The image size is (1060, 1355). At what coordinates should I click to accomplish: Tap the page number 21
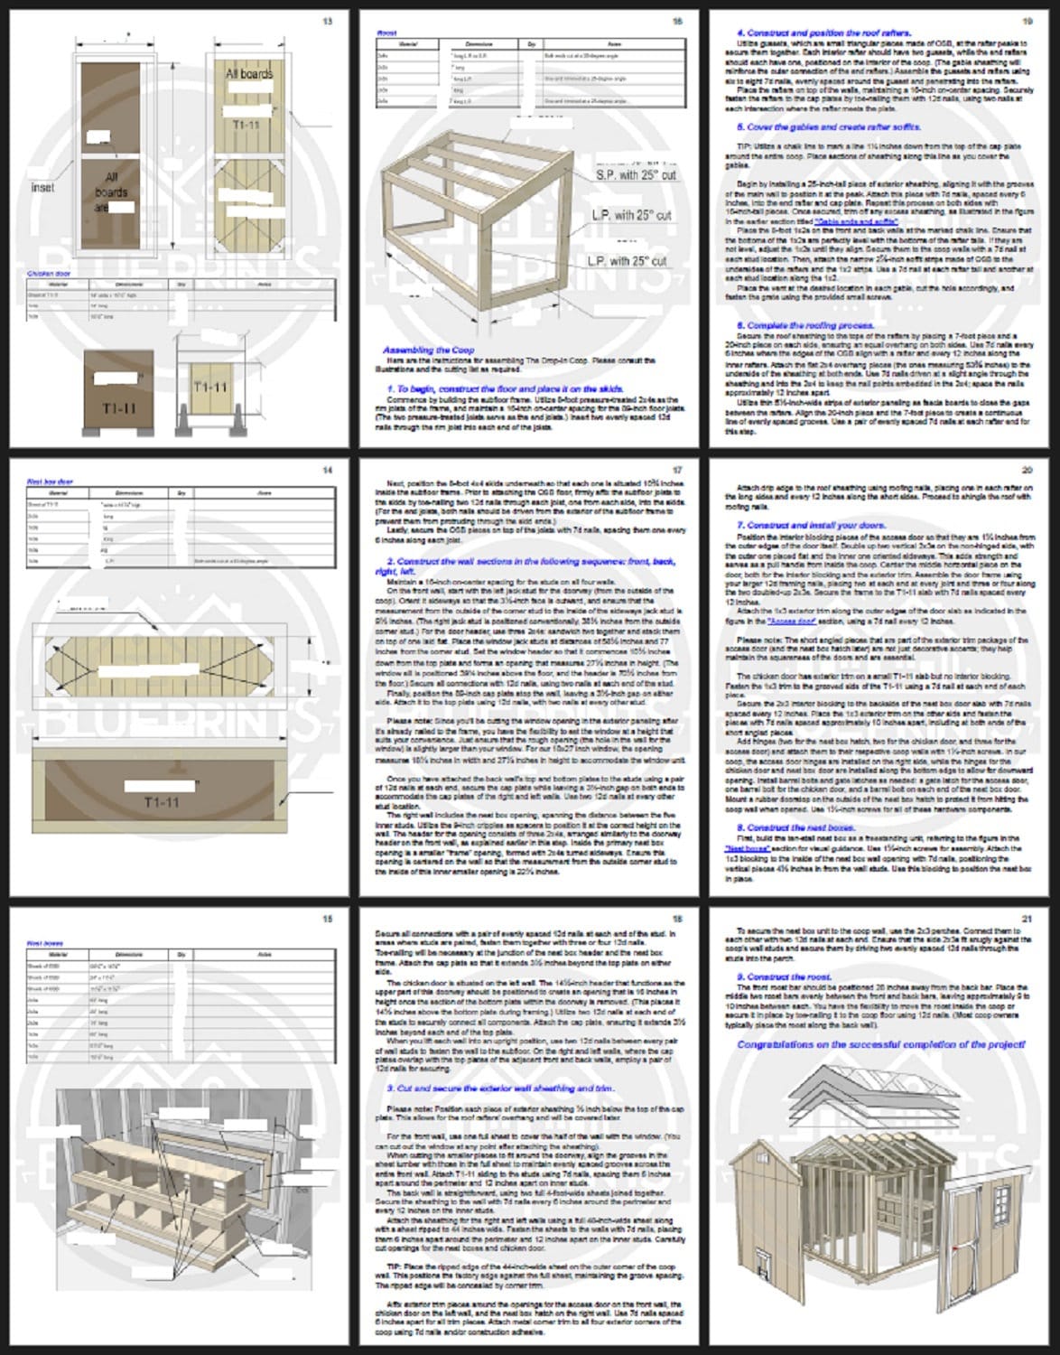point(1026,919)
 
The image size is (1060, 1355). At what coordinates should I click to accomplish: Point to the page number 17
point(678,470)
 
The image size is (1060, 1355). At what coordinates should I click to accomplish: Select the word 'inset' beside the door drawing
point(42,187)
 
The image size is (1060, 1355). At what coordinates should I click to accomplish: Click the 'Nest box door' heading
point(51,481)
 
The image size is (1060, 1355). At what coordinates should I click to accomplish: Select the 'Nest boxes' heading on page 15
point(45,943)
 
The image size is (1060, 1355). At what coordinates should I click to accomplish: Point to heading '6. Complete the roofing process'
point(804,324)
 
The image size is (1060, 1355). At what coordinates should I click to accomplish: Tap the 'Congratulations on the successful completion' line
point(880,1044)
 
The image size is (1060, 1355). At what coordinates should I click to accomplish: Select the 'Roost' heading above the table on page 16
point(386,33)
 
